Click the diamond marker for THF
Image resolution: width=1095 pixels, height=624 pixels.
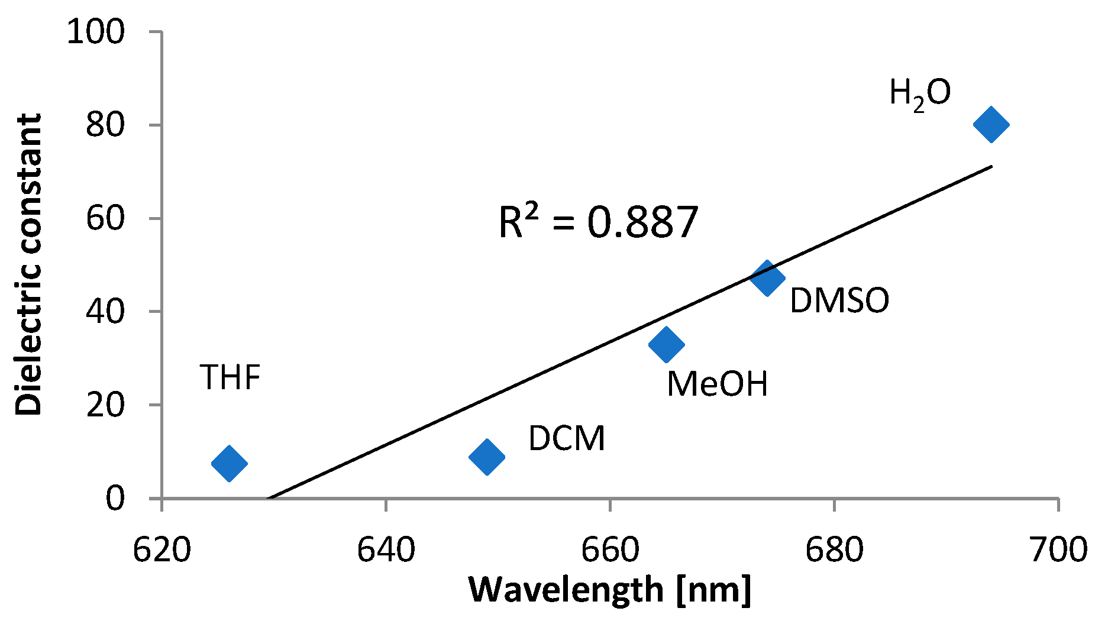coord(229,463)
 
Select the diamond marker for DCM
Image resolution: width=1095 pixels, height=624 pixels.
coord(486,457)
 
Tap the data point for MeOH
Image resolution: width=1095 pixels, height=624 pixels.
coord(666,344)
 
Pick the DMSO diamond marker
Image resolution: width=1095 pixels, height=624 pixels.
coord(767,278)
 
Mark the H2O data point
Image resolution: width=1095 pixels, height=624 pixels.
coord(991,124)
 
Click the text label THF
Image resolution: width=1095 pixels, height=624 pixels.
coord(230,377)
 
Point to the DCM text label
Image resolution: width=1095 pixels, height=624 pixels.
coord(567,438)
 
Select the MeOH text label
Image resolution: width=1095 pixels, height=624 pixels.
coord(717,384)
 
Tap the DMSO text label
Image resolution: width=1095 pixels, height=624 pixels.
coord(839,300)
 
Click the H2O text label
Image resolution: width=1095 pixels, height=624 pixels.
coord(920,94)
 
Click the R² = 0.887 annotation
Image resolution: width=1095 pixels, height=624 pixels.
coord(598,222)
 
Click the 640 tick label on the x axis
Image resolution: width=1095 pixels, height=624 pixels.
coord(386,549)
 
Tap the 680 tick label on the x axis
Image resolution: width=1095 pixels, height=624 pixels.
coord(834,549)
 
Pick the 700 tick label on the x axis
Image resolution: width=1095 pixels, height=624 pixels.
coord(1058,549)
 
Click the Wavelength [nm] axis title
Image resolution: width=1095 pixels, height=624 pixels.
coord(610,590)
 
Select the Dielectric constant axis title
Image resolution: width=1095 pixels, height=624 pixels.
coord(28,264)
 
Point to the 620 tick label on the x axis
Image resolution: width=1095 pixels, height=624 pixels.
coord(161,549)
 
